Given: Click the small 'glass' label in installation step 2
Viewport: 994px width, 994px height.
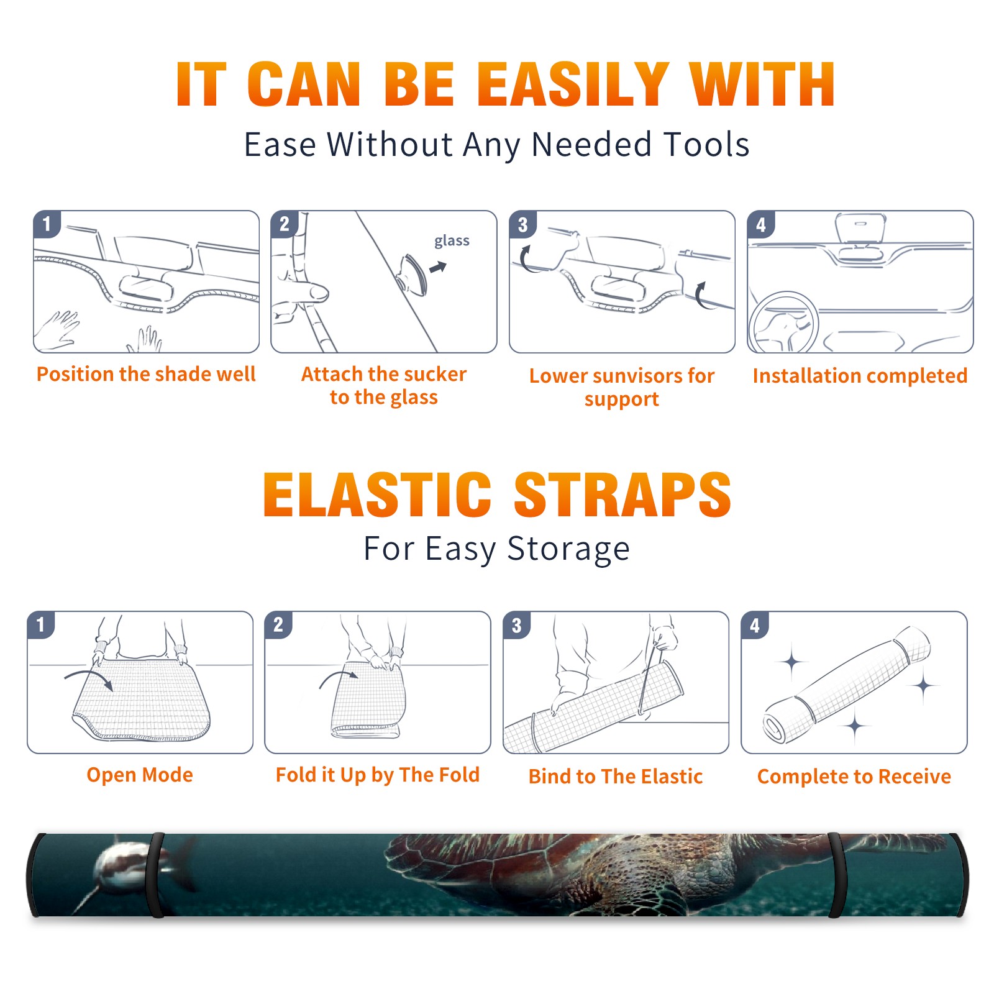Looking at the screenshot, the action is (452, 241).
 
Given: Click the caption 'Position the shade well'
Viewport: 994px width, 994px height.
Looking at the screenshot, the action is (146, 374).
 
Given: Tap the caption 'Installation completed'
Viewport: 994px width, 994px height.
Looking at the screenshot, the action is (860, 375).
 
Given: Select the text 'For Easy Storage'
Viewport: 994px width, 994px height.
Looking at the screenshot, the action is (496, 549).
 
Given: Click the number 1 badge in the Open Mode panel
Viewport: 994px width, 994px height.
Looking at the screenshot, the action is (41, 624).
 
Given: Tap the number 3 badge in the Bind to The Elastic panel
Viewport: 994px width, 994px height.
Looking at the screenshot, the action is (517, 625).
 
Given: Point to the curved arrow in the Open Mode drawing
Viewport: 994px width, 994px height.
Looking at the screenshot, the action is (88, 678).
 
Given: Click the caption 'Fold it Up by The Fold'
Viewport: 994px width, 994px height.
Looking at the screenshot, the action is (378, 775).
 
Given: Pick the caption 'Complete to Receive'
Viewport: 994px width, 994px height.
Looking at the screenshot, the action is (854, 777).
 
